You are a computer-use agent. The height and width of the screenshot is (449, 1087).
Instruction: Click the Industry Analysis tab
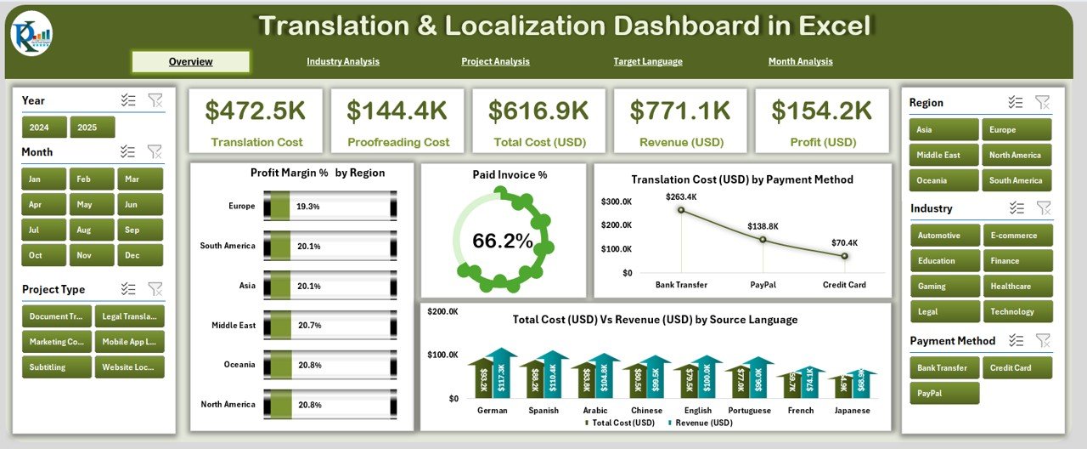[343, 61]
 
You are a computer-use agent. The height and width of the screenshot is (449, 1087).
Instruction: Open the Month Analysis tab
[800, 61]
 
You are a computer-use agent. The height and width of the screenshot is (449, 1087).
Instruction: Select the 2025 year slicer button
[92, 128]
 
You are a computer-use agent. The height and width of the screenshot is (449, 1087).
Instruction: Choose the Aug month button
[82, 230]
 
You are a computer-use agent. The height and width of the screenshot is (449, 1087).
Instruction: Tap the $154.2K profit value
[820, 111]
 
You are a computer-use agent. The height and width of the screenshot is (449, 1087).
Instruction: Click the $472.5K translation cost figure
[256, 111]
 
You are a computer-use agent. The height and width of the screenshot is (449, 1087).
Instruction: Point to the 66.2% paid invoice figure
[502, 242]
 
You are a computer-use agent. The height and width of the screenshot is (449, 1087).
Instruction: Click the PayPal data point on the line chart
[763, 239]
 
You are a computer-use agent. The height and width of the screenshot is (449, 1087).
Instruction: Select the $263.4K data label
[682, 196]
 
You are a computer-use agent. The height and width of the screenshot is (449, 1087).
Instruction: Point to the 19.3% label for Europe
[307, 206]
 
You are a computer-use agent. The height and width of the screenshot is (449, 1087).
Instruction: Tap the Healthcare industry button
[1017, 287]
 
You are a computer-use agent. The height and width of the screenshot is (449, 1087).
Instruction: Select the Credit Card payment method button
[1017, 367]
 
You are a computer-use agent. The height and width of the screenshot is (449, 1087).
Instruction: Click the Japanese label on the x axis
[852, 410]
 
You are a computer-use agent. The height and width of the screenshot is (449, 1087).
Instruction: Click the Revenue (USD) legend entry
[701, 423]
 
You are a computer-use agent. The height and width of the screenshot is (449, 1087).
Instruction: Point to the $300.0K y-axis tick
[616, 202]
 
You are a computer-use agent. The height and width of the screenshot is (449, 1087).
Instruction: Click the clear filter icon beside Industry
[1044, 207]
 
